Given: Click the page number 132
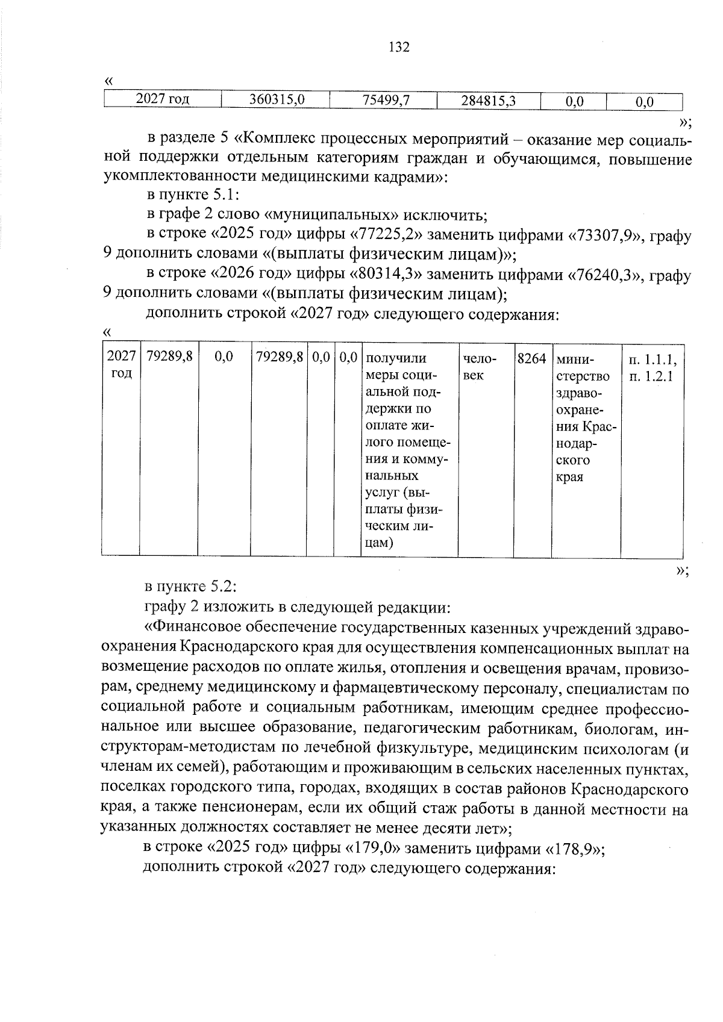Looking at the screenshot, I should pos(399,47).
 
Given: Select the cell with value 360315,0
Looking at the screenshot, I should pos(275,101).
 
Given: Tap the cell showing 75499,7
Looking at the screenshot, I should pos(383,101).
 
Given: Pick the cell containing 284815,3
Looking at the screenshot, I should pos(488,101).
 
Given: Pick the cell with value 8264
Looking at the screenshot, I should pos(531,360).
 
